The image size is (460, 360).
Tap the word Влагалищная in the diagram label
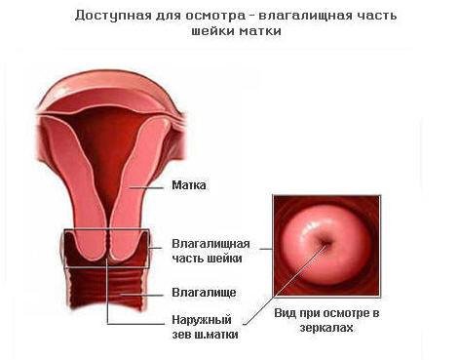coord(211,243)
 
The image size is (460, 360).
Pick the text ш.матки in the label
coord(216,335)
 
